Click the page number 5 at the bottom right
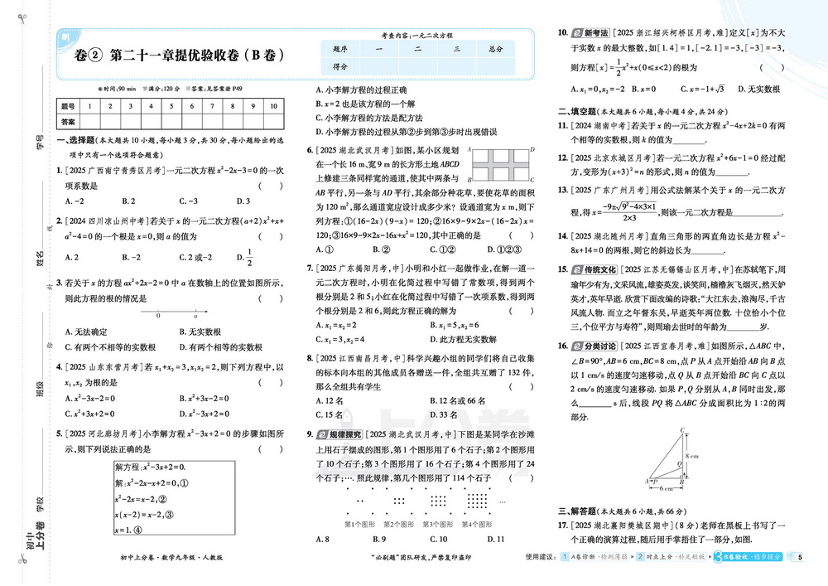801,556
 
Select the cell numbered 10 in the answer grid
275,106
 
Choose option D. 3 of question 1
243,201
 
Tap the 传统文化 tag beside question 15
590,269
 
